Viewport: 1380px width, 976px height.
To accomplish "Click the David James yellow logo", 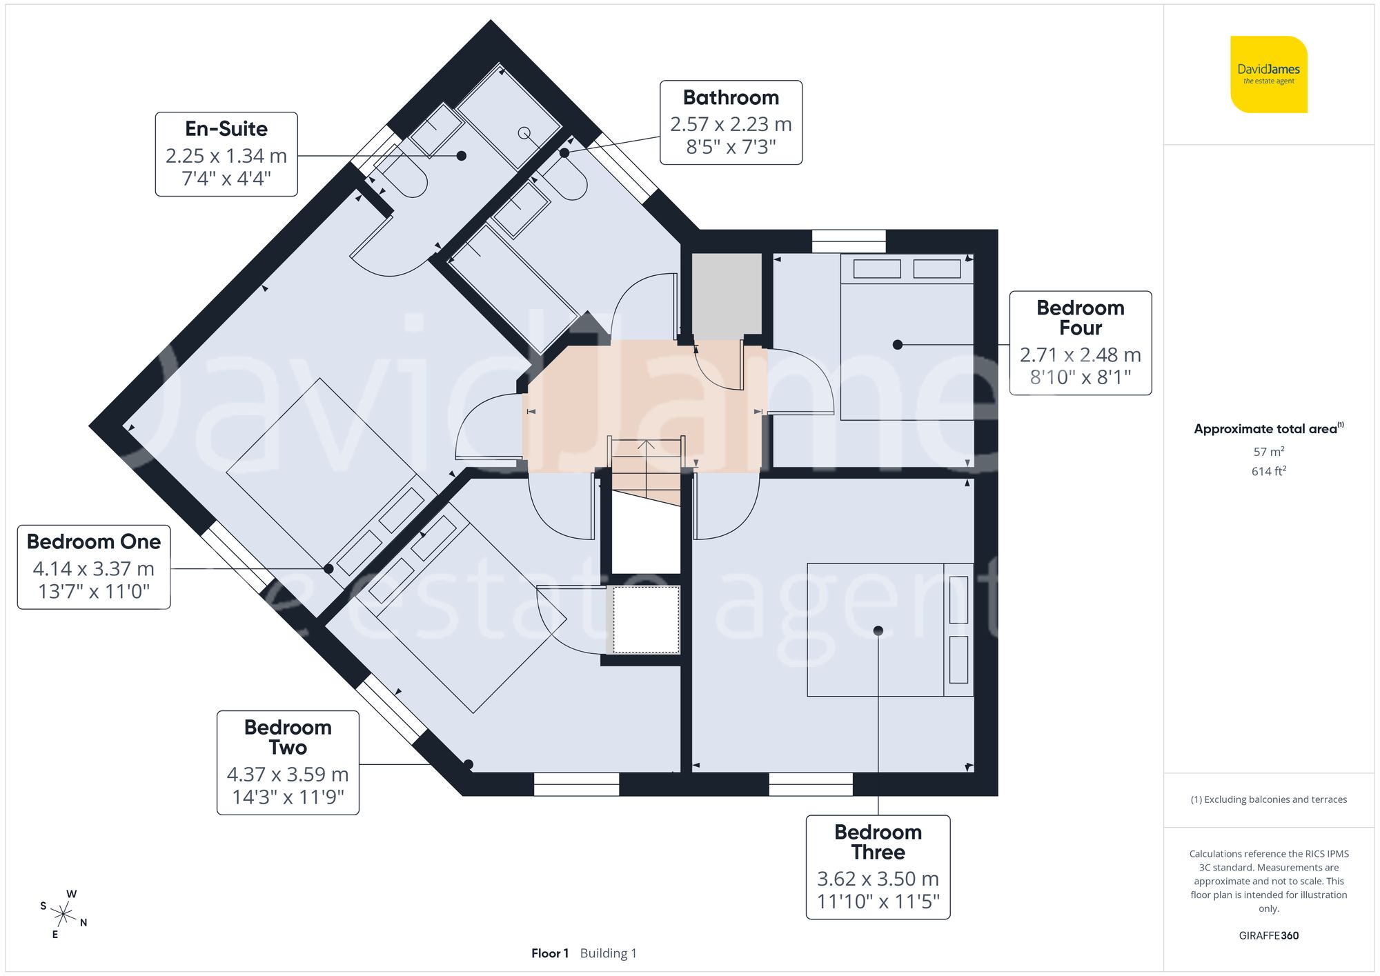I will pyautogui.click(x=1268, y=74).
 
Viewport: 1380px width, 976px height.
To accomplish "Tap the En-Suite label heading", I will pyautogui.click(x=226, y=129).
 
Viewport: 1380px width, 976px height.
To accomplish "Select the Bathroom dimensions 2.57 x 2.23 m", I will pyautogui.click(x=731, y=124).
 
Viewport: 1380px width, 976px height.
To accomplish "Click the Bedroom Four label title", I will pyautogui.click(x=1080, y=317).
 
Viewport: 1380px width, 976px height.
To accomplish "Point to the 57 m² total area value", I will pyautogui.click(x=1268, y=452).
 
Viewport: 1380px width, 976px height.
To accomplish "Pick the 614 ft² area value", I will pyautogui.click(x=1268, y=471).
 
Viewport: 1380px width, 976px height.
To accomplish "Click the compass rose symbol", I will pyautogui.click(x=63, y=915).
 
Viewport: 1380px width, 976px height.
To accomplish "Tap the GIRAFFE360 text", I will pyautogui.click(x=1268, y=935).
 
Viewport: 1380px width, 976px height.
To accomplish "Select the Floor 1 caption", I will pyautogui.click(x=549, y=953).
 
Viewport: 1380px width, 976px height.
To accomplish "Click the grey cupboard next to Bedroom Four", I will pyautogui.click(x=727, y=294).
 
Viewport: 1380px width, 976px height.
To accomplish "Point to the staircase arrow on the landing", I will pyautogui.click(x=646, y=447).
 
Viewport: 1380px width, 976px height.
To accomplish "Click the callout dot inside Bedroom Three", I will pyautogui.click(x=878, y=630).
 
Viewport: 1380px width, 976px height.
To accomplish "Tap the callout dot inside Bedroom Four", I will pyautogui.click(x=897, y=344).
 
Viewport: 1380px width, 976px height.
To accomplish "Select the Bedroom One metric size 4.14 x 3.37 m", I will pyautogui.click(x=94, y=569).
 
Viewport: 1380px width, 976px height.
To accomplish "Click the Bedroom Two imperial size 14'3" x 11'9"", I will pyautogui.click(x=288, y=797).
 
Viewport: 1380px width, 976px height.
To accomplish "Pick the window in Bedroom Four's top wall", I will pyautogui.click(x=848, y=241).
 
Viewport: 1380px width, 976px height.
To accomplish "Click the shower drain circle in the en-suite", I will pyautogui.click(x=524, y=132).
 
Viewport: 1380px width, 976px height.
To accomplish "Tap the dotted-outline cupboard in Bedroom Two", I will pyautogui.click(x=646, y=619).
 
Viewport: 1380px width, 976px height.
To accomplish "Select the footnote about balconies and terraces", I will pyautogui.click(x=1268, y=799).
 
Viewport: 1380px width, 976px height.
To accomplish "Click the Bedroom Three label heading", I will pyautogui.click(x=878, y=842).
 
